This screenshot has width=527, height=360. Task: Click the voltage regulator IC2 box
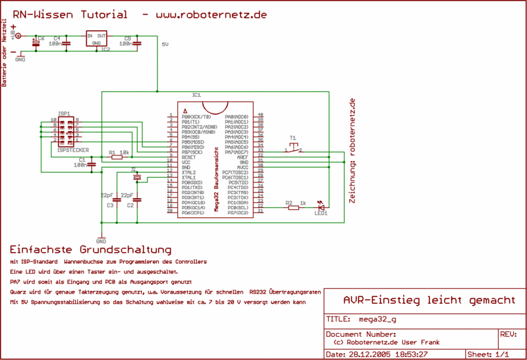coord(97,38)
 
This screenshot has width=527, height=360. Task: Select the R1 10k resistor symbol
coord(117,157)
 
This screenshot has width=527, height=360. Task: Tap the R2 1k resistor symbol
coord(293,208)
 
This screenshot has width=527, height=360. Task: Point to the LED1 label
coord(321,213)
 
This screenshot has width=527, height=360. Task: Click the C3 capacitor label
coord(110,205)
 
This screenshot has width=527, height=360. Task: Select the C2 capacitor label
coord(130,205)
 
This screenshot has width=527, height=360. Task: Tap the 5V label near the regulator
coord(165,45)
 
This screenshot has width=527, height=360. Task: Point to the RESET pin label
coord(188,157)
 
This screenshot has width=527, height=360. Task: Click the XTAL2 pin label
coord(188,172)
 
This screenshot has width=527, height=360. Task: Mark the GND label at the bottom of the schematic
coord(101,242)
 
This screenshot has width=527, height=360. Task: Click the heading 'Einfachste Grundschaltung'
coord(90,251)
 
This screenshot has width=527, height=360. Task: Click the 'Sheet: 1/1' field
coord(487,354)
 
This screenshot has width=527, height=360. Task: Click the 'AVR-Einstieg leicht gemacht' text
coord(430,300)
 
